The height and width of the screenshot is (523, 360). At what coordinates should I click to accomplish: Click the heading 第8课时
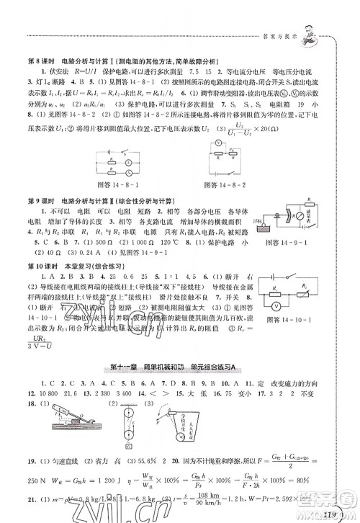pos(39,61)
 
